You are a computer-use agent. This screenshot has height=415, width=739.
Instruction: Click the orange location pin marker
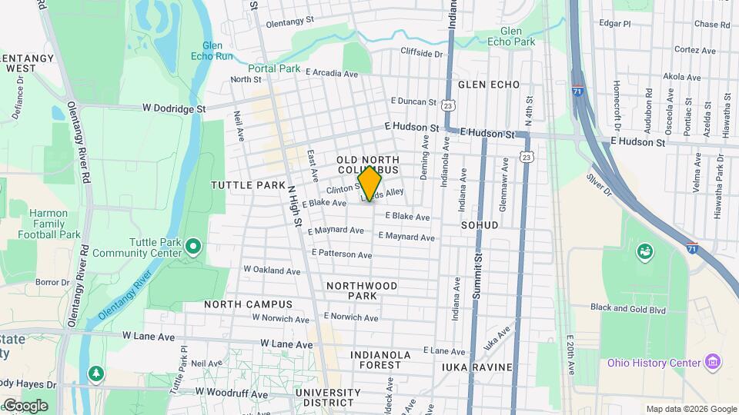[369, 184]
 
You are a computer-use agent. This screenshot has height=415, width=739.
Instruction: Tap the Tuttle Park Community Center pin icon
[193, 247]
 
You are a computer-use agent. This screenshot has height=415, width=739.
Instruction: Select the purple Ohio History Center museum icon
[713, 362]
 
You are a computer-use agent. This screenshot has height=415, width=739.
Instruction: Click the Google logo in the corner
[25, 405]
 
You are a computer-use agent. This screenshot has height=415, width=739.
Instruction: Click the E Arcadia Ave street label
[332, 74]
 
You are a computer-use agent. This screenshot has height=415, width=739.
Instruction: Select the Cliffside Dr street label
[422, 53]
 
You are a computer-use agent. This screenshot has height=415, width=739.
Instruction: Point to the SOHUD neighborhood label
[480, 225]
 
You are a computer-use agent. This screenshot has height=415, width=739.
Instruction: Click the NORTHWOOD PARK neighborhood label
[362, 290]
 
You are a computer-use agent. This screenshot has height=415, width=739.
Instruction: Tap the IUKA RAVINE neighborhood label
[477, 367]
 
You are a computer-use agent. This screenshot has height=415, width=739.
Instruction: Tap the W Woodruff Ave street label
[230, 392]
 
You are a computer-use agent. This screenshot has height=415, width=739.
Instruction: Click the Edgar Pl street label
[614, 24]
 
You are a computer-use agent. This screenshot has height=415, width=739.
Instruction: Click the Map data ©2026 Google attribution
[691, 409]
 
